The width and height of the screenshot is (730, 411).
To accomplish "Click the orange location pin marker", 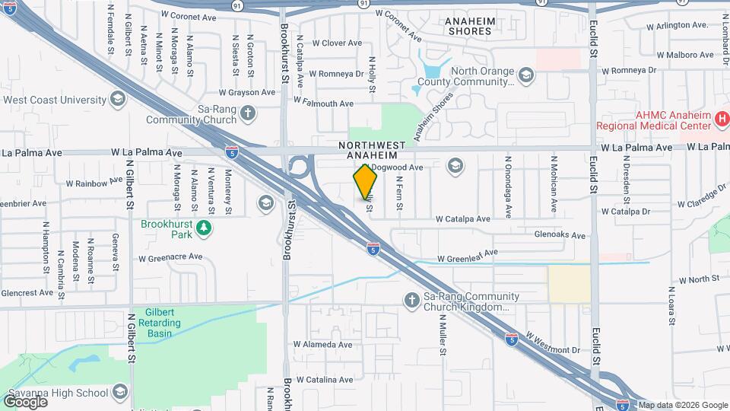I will pos(366,183).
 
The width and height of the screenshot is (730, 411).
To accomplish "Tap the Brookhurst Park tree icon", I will pos(204,227).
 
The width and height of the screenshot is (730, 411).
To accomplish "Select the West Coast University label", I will pos(55,100).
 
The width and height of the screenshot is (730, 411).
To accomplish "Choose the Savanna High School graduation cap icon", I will pos(119,392).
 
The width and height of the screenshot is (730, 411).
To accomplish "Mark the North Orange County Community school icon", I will pos(526,75).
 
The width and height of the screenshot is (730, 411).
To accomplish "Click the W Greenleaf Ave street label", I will pos(467,256).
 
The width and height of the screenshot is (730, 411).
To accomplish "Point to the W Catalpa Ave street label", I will pos(462,219).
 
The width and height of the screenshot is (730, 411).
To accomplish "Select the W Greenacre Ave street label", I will pos(170,258).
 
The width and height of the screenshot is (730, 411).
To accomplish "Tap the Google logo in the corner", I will pos(25,401).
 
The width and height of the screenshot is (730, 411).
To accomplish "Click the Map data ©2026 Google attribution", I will pos(683,405).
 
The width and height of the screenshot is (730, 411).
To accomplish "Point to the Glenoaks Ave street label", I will pos(560,235).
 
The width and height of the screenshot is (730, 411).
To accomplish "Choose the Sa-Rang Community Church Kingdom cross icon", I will pos(411,301).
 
